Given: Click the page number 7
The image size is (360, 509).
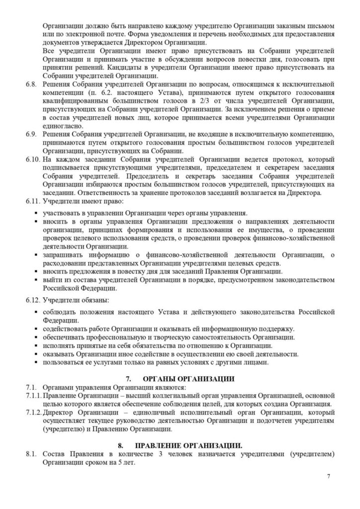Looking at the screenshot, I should pos(329,476).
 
